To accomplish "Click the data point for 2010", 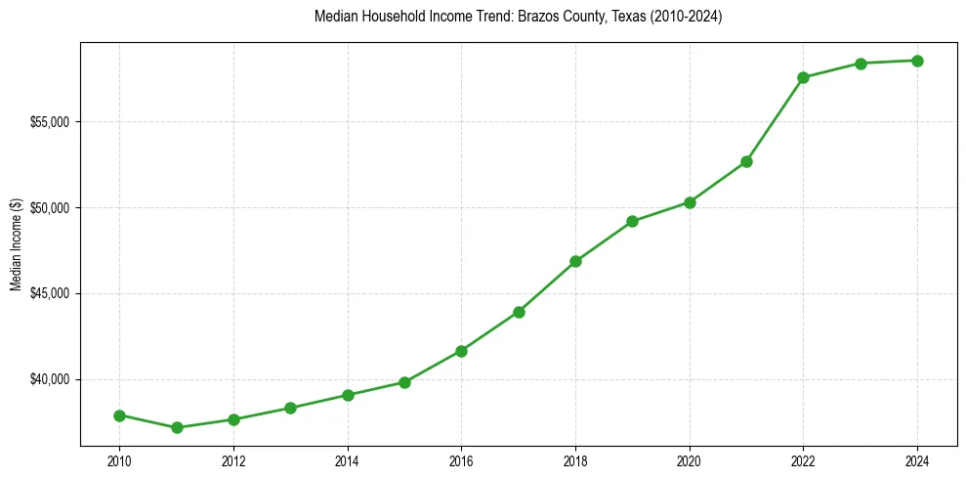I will (x=119, y=415).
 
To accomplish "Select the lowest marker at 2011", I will (x=177, y=427).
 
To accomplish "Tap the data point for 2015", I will (x=404, y=382).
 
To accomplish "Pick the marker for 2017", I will (x=519, y=312).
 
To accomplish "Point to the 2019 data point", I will (x=633, y=221).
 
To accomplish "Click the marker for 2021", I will (x=746, y=161).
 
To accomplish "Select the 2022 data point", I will (x=803, y=77).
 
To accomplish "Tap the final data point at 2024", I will (x=917, y=61).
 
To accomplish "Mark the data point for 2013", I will (x=290, y=408).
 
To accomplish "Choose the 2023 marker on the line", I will (x=861, y=64).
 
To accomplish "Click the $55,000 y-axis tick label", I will (x=51, y=122).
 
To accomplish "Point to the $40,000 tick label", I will (x=51, y=379).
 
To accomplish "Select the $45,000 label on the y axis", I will (x=51, y=293).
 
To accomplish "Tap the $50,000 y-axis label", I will (x=51, y=208).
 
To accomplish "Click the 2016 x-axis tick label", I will (x=461, y=458).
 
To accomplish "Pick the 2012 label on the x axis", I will (x=233, y=458).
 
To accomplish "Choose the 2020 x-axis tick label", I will (x=690, y=458).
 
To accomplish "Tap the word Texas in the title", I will (x=609, y=17).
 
